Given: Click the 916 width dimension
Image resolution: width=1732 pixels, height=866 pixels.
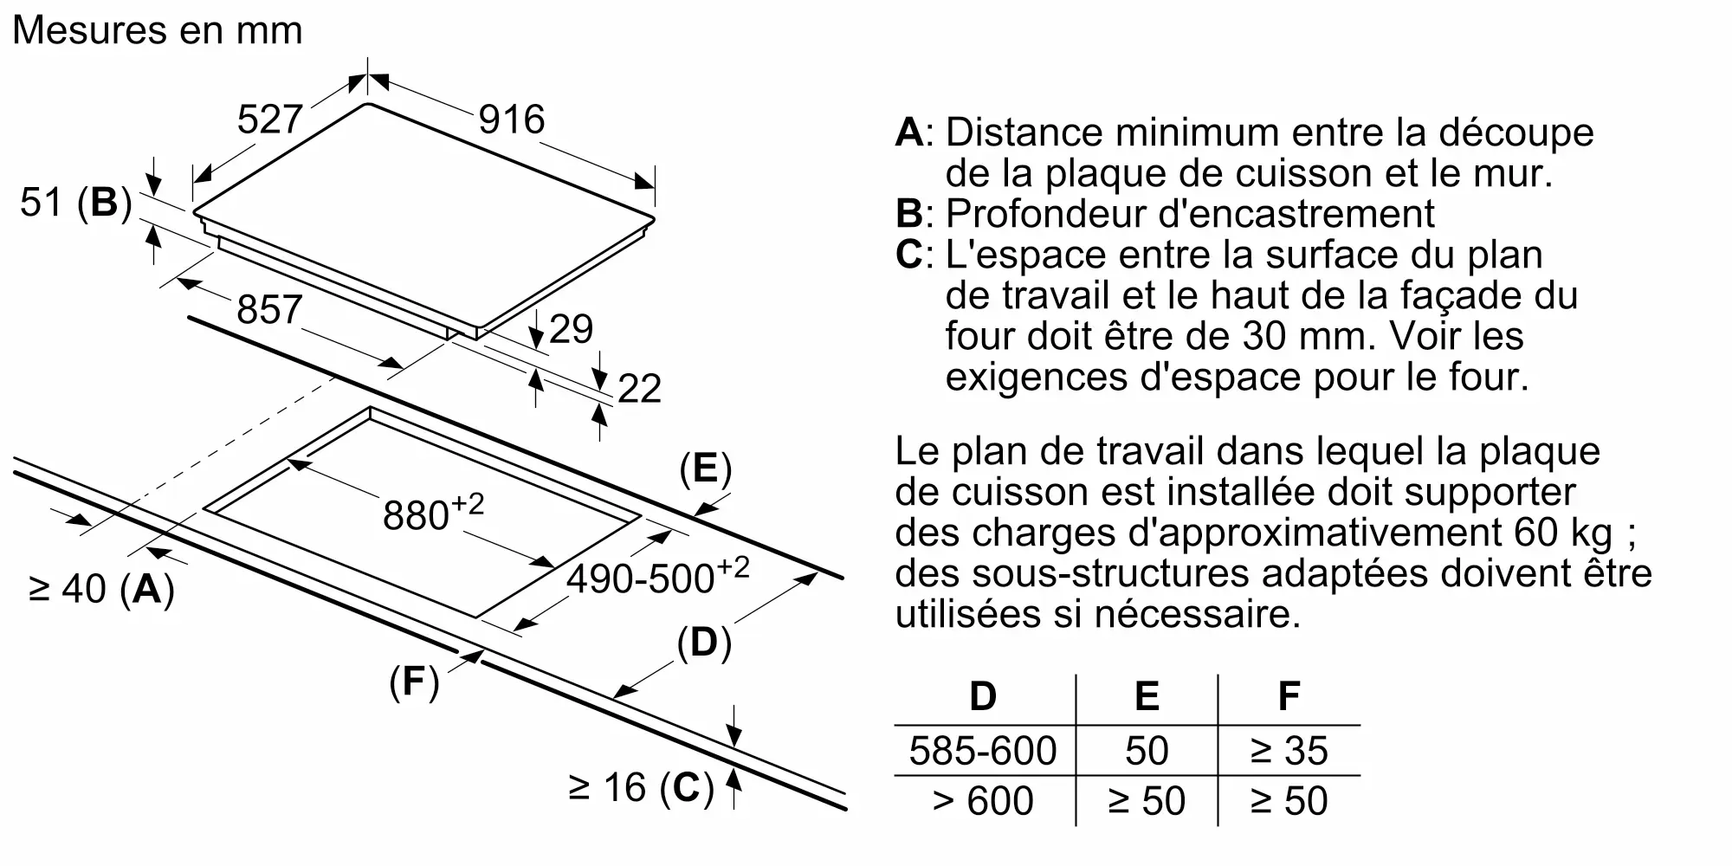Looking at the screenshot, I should tap(511, 120).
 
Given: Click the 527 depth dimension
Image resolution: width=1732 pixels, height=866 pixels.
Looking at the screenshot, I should tap(269, 120).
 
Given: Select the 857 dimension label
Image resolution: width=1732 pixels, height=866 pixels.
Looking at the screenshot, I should tap(269, 310).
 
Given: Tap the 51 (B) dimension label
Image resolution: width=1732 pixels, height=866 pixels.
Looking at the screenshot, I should tap(76, 203).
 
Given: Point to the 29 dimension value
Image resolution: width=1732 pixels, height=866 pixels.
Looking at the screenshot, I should tap(571, 329).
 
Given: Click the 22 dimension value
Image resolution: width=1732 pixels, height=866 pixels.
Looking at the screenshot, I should tap(639, 389).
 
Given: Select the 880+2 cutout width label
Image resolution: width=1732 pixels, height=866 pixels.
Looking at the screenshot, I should tap(433, 513).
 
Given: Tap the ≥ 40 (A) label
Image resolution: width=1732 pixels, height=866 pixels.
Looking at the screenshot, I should tap(102, 590).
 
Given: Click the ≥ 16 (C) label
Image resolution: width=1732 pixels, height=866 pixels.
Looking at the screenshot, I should tap(641, 788).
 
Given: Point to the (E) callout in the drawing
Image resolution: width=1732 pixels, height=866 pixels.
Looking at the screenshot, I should tap(705, 469).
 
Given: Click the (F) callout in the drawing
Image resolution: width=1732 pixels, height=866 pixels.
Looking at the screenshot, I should tap(414, 682).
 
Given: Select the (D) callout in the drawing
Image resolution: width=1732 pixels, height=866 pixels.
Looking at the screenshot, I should tap(703, 643).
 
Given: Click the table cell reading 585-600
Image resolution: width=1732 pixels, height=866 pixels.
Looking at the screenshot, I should tap(983, 751).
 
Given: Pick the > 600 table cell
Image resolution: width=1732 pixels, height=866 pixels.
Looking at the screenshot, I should tap(983, 801).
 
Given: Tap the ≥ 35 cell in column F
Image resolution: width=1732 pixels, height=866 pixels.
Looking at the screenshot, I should tap(1289, 751).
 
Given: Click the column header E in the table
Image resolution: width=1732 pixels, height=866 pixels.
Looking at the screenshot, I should tap(1147, 696).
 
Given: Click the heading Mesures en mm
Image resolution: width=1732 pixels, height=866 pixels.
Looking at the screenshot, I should tap(158, 30).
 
